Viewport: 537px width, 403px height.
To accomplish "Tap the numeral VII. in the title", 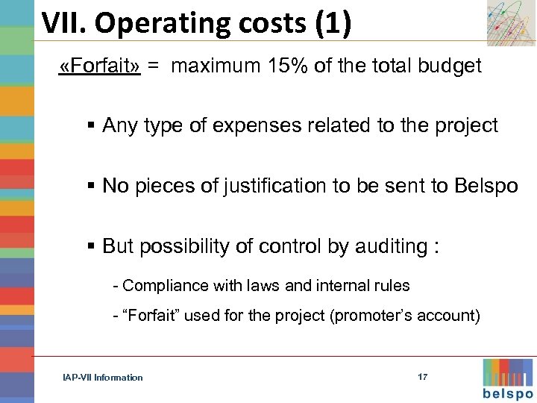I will pos(64,24).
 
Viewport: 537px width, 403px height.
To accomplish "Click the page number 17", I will pos(423,377).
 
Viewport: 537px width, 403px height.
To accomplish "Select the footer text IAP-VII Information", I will pos(103,378).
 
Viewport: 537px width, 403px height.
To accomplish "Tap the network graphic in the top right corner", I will pos(510,22).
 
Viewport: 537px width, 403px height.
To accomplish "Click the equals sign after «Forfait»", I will pos(153,66).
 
